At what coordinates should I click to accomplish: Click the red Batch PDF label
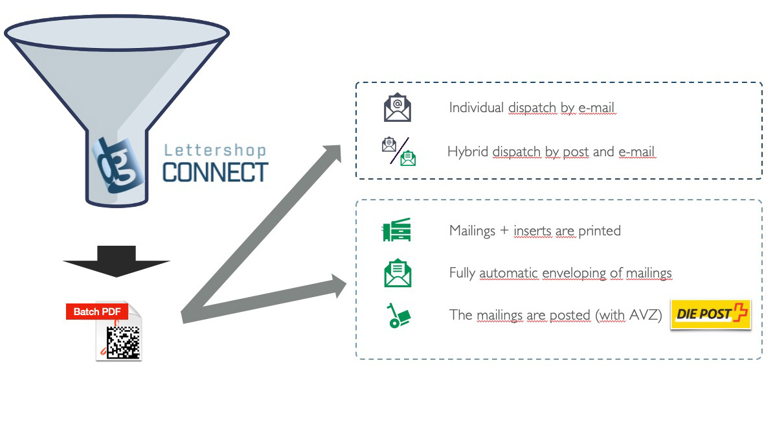(97, 312)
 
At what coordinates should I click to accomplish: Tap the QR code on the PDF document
(122, 342)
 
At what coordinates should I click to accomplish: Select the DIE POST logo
(710, 314)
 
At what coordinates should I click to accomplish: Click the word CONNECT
(215, 172)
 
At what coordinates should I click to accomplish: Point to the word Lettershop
(215, 151)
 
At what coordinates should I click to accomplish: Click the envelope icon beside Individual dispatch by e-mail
(398, 108)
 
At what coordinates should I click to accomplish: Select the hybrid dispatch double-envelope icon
(398, 151)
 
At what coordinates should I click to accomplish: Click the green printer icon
(397, 230)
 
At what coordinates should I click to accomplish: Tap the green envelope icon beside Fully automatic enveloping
(398, 273)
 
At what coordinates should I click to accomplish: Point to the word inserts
(534, 231)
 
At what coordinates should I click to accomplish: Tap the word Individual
(477, 108)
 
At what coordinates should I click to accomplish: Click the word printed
(600, 231)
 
